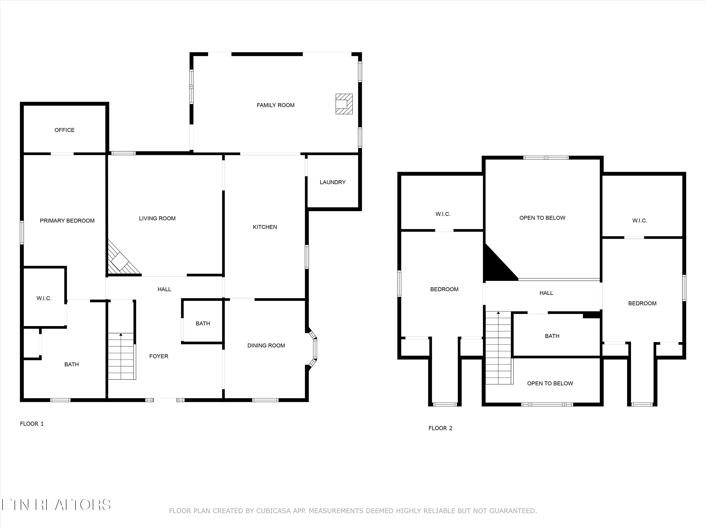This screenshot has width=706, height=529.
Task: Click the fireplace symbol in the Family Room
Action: click(x=344, y=104)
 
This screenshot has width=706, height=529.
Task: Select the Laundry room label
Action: click(x=333, y=182)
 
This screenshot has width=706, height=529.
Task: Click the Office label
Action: click(x=64, y=130)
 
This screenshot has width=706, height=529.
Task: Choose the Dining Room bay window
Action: click(x=314, y=348)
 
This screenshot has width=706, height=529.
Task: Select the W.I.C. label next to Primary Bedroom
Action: click(x=44, y=298)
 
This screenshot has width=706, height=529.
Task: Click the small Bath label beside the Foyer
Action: click(x=203, y=323)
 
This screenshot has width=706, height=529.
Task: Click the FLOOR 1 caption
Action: click(x=32, y=423)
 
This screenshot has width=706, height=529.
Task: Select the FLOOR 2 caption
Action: click(x=440, y=428)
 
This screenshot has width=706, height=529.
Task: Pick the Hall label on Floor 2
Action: click(x=546, y=293)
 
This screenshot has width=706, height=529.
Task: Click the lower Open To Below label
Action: click(x=550, y=383)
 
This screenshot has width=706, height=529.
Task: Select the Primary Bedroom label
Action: click(x=67, y=221)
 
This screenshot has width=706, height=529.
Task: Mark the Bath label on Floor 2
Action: click(x=552, y=336)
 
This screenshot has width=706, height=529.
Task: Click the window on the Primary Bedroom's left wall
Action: click(x=22, y=233)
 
